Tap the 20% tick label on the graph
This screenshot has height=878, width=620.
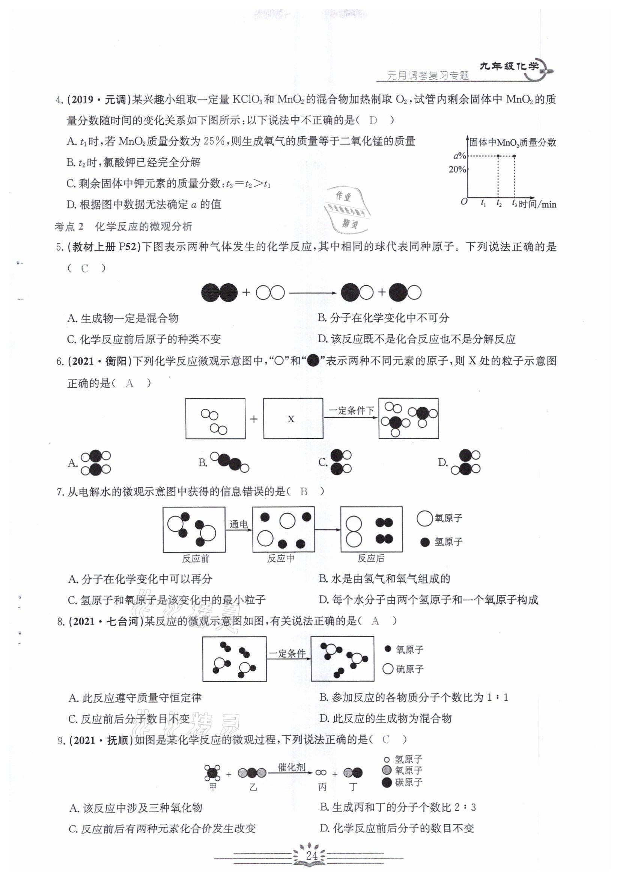(457, 169)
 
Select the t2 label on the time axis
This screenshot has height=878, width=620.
(499, 204)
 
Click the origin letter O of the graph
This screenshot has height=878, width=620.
(464, 202)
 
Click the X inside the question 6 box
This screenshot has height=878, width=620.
(291, 419)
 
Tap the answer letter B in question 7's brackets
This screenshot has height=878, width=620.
(304, 491)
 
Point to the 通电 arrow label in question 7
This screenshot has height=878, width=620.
(239, 524)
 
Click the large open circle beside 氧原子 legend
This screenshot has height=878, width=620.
(424, 518)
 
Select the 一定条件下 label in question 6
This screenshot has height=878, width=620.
(351, 411)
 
